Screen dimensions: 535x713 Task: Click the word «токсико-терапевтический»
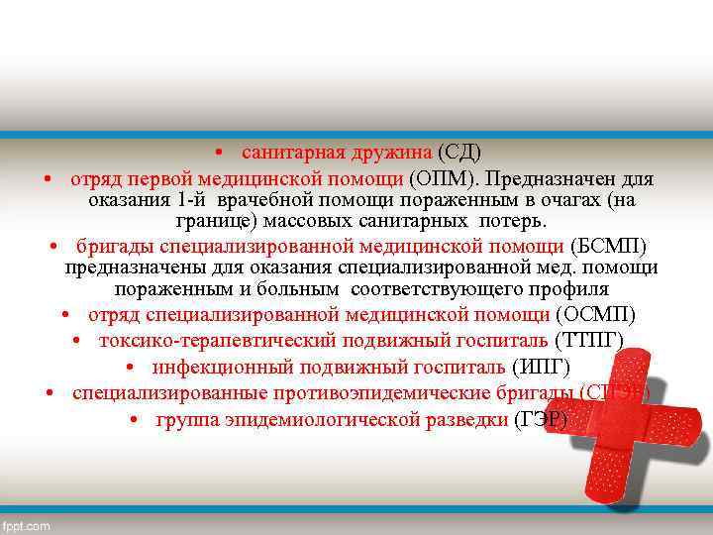[209, 342]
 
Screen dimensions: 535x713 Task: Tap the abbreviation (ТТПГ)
[590, 342]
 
